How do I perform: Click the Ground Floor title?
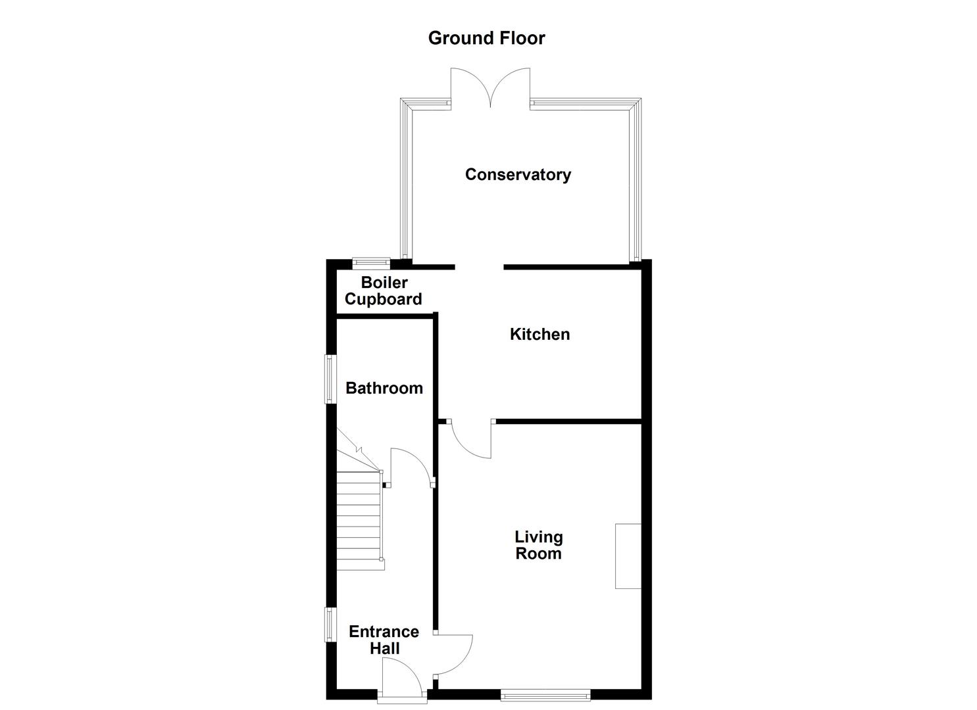click(486, 38)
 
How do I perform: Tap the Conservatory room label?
click(518, 174)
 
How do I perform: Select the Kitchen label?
click(539, 334)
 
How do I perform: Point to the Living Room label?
click(538, 545)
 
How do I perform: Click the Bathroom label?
click(384, 388)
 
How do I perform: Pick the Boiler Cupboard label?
click(384, 291)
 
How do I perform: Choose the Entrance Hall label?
click(384, 640)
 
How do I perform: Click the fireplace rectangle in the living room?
click(628, 556)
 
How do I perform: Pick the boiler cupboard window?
click(371, 263)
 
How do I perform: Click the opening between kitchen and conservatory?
click(479, 267)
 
